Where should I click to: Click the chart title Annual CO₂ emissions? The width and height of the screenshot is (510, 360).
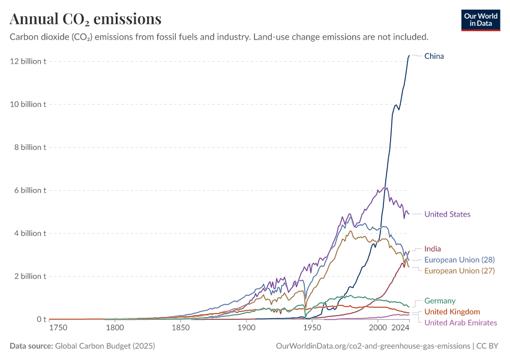pyautogui.click(x=85, y=19)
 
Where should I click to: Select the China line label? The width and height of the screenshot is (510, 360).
pyautogui.click(x=434, y=56)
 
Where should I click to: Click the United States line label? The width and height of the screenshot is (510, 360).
pyautogui.click(x=447, y=214)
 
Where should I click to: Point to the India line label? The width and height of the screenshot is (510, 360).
pyautogui.click(x=433, y=248)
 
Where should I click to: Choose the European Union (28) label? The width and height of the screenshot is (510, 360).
pyautogui.click(x=460, y=260)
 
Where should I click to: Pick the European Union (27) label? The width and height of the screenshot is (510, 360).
pyautogui.click(x=460, y=271)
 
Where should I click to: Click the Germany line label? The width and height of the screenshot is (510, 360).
pyautogui.click(x=440, y=301)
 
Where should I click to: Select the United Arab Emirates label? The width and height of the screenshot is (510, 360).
pyautogui.click(x=460, y=323)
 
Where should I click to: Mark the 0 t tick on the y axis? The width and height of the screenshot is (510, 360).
pyautogui.click(x=41, y=319)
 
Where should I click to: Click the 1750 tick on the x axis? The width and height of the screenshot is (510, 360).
pyautogui.click(x=58, y=328)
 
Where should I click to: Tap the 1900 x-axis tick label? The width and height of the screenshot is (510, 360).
pyautogui.click(x=246, y=328)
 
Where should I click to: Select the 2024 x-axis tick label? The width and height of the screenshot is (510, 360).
pyautogui.click(x=401, y=328)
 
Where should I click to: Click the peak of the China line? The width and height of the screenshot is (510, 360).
pyautogui.click(x=409, y=55)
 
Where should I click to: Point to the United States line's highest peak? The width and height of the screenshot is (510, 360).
pyautogui.click(x=385, y=187)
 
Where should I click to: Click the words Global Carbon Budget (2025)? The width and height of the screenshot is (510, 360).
pyautogui.click(x=103, y=346)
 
